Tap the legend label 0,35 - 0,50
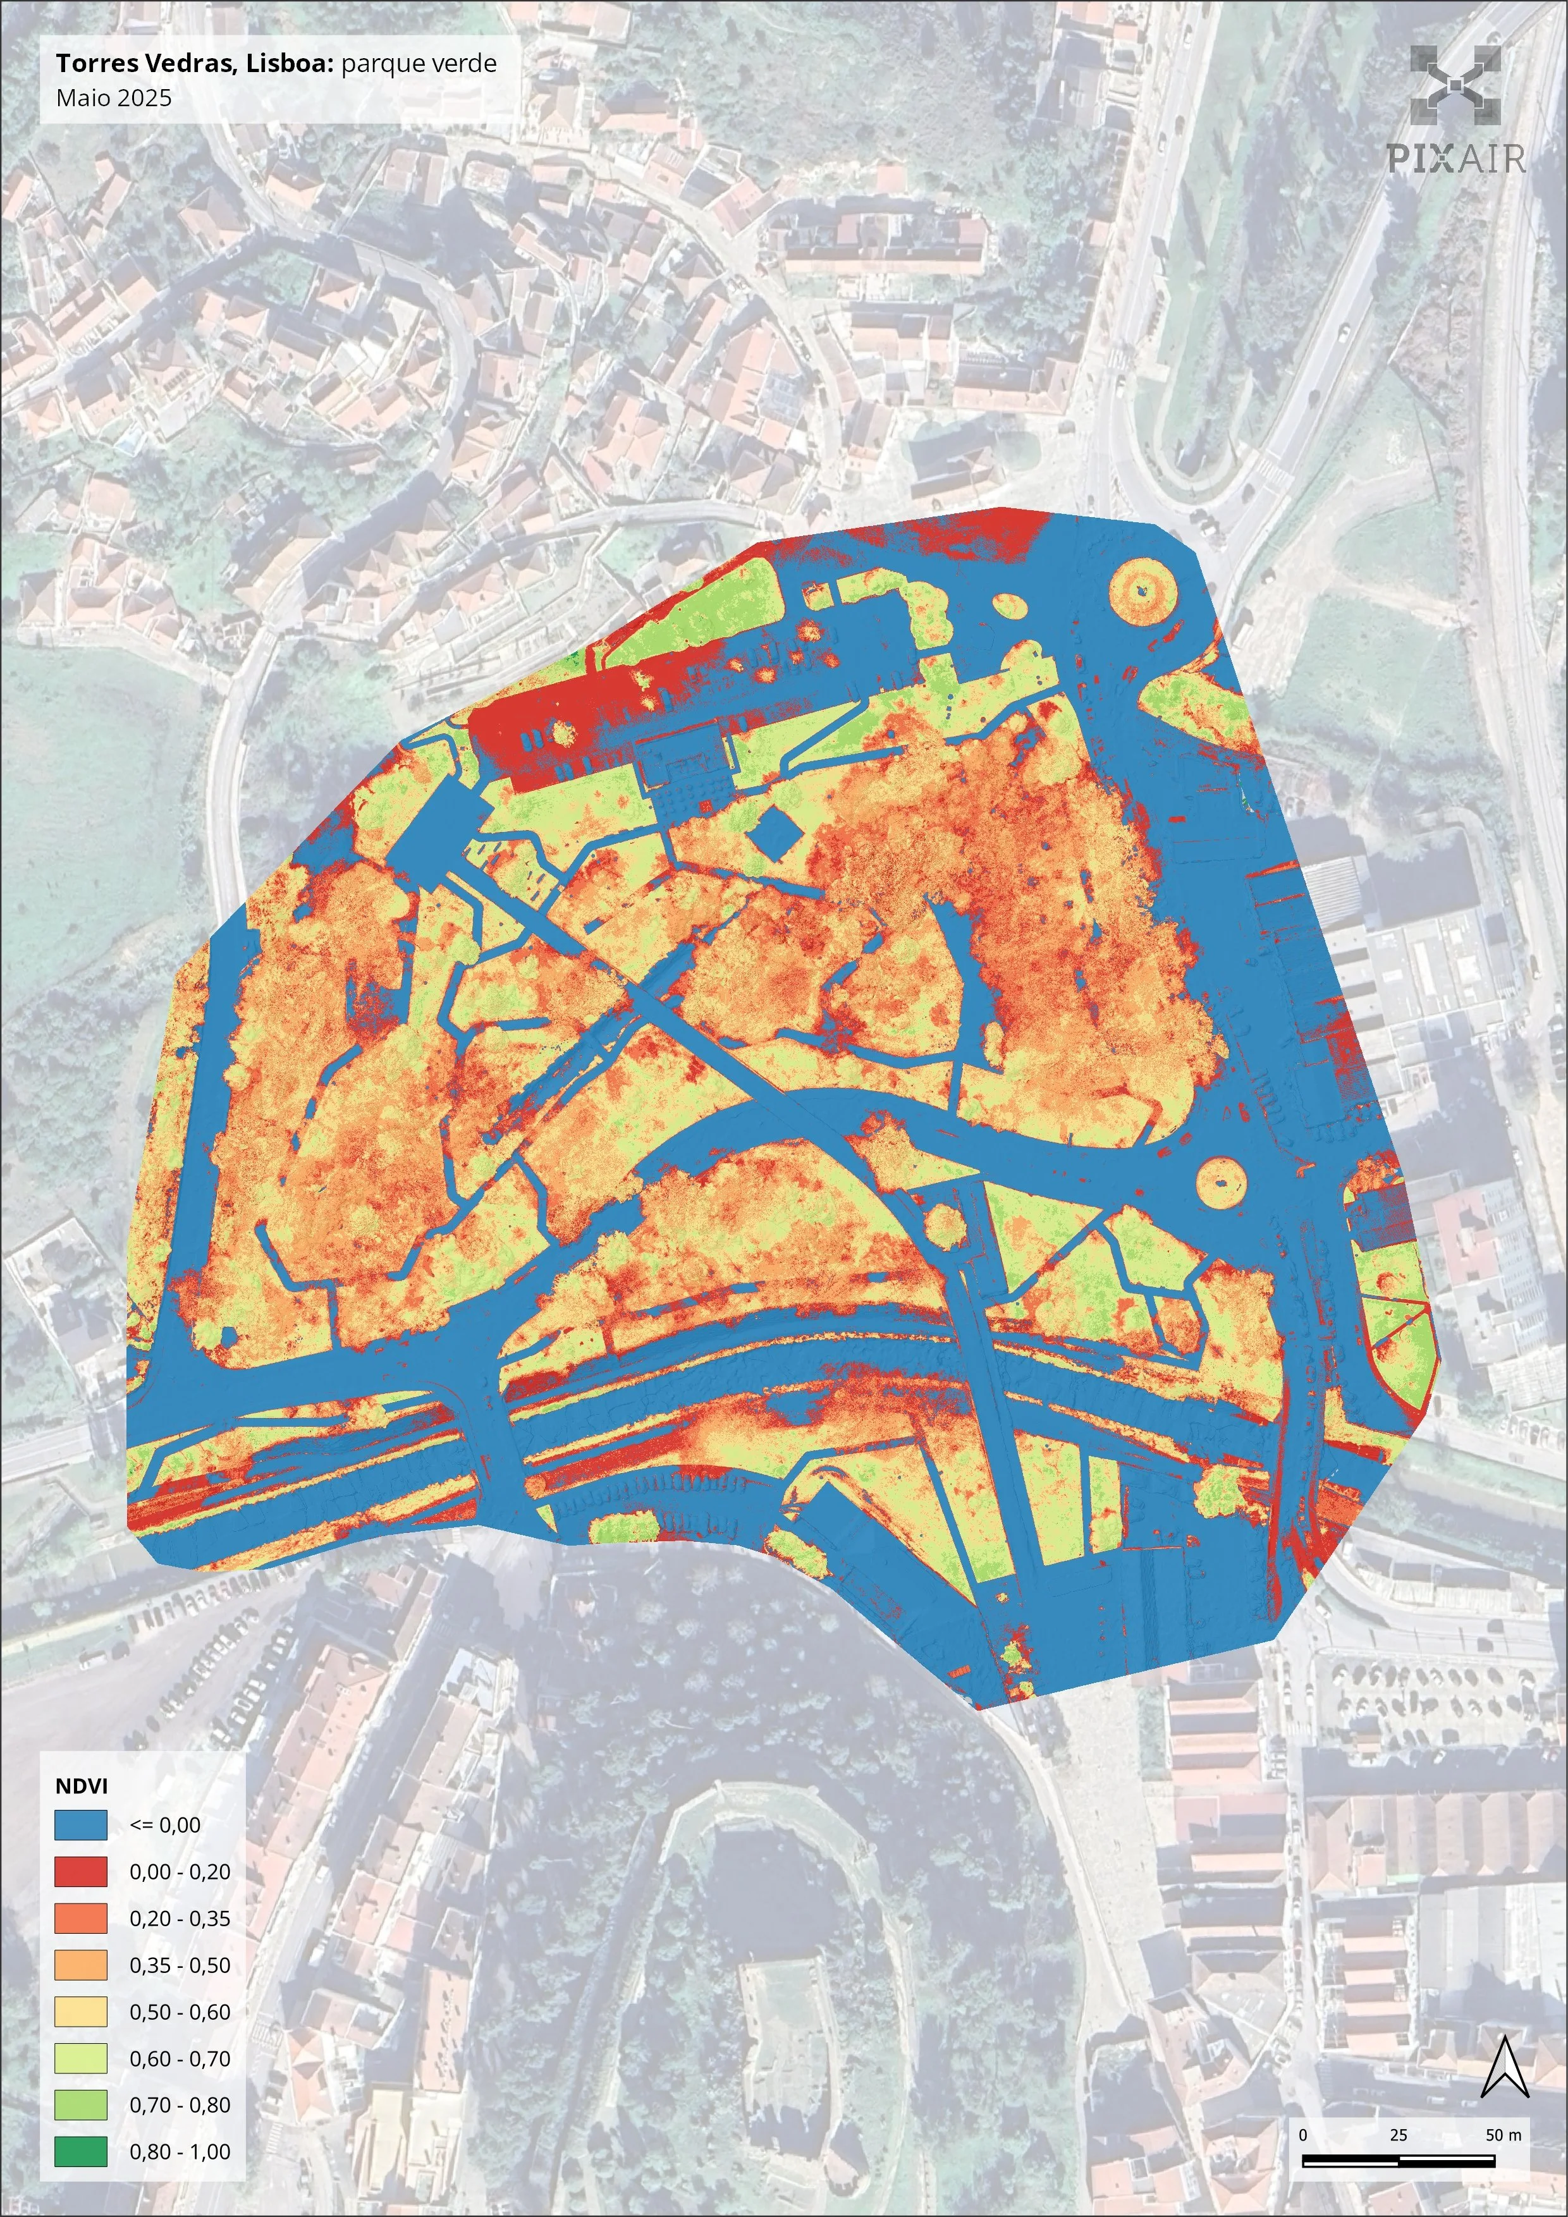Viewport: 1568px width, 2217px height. pos(180,1965)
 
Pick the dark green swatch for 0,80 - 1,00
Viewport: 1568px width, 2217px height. pos(80,2151)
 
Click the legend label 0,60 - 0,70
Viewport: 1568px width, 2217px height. pos(180,2058)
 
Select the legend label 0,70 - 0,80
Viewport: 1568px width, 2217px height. pos(180,2105)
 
